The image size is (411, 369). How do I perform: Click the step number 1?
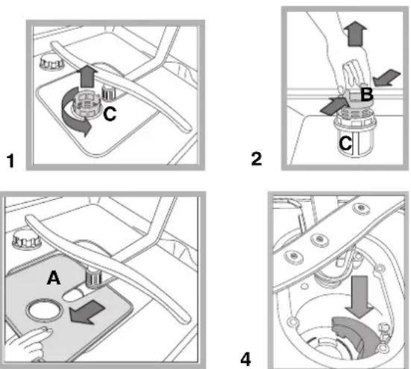click(x=10, y=160)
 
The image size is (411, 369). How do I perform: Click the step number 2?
click(x=257, y=159)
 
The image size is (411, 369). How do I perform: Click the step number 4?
click(x=245, y=359)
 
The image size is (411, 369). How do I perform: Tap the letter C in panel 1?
click(x=110, y=114)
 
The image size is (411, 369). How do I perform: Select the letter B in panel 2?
click(x=367, y=95)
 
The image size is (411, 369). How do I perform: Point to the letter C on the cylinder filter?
click(x=345, y=143)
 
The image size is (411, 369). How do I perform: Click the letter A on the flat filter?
click(x=54, y=277)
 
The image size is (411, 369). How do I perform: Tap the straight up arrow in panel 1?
click(x=87, y=76)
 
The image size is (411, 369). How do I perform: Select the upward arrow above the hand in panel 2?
click(x=356, y=34)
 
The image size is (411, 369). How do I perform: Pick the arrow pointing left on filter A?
click(x=87, y=312)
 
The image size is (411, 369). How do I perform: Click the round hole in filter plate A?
click(x=45, y=311)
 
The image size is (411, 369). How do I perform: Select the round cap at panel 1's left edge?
click(x=52, y=63)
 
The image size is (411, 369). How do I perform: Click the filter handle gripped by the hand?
click(x=354, y=74)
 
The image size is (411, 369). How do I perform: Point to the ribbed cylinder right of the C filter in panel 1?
click(x=109, y=92)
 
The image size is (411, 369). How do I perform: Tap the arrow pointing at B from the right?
click(x=386, y=78)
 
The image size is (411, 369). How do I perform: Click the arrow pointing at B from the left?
click(x=333, y=105)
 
